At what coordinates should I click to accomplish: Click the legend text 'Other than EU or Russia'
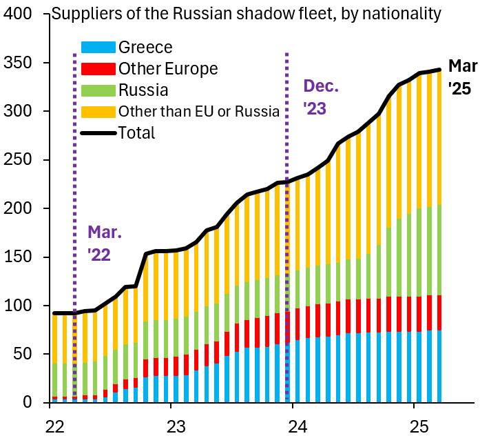(198, 112)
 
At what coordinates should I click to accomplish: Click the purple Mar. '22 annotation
(104, 243)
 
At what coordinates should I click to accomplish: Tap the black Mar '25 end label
(461, 77)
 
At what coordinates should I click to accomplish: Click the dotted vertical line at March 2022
(74, 207)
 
